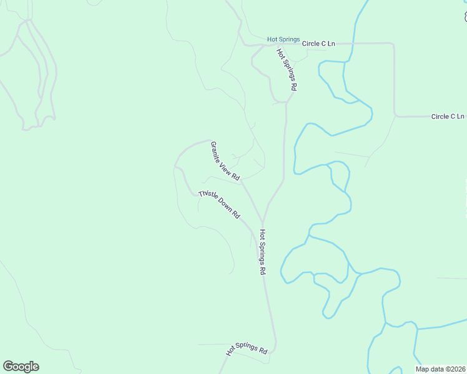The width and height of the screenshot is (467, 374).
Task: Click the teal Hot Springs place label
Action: [283, 39]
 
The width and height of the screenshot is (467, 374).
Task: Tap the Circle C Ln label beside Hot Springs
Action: [318, 44]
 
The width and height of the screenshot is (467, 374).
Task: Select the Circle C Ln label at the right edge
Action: [448, 117]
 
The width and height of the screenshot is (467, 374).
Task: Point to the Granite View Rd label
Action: [225, 161]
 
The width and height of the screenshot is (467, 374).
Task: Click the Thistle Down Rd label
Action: [220, 204]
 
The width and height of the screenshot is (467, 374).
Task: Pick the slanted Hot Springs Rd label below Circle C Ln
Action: [286, 70]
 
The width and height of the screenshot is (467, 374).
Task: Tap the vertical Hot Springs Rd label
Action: [263, 252]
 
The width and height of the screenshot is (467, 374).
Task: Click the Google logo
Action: [21, 367]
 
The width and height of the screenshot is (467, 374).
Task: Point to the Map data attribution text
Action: [441, 368]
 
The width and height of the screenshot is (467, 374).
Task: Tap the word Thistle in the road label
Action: [208, 196]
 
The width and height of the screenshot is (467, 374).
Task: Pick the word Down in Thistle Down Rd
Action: [225, 207]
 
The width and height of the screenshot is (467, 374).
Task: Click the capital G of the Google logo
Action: [8, 366]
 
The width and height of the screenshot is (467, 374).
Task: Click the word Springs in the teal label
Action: [289, 39]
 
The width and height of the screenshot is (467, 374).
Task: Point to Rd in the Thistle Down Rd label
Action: [237, 214]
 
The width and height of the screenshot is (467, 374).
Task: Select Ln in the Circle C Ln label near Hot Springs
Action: [331, 44]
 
